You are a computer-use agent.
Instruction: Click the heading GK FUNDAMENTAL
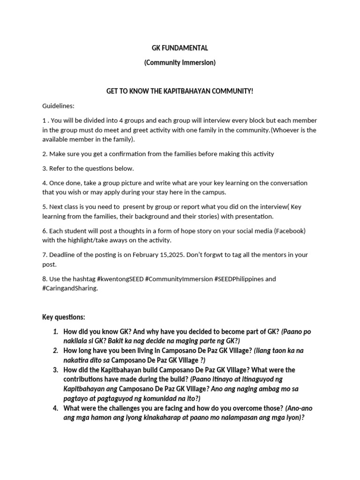click(180, 48)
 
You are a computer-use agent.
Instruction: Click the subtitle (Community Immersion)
click(180, 62)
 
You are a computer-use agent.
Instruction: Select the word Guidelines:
click(58, 105)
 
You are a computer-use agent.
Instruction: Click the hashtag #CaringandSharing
click(70, 288)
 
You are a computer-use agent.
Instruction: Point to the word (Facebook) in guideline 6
click(290, 231)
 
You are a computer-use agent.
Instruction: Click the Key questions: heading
click(64, 317)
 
